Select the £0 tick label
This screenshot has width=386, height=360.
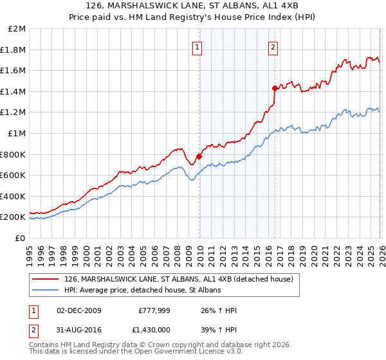(x=21, y=238)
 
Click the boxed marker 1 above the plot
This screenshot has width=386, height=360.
(x=197, y=46)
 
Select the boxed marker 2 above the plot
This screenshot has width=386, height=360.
(x=273, y=46)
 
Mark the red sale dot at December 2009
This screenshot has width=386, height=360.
(x=199, y=156)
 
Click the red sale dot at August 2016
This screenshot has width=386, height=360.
(x=275, y=88)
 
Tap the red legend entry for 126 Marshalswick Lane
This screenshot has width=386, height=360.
(x=179, y=279)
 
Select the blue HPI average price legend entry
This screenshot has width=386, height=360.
(x=142, y=291)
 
